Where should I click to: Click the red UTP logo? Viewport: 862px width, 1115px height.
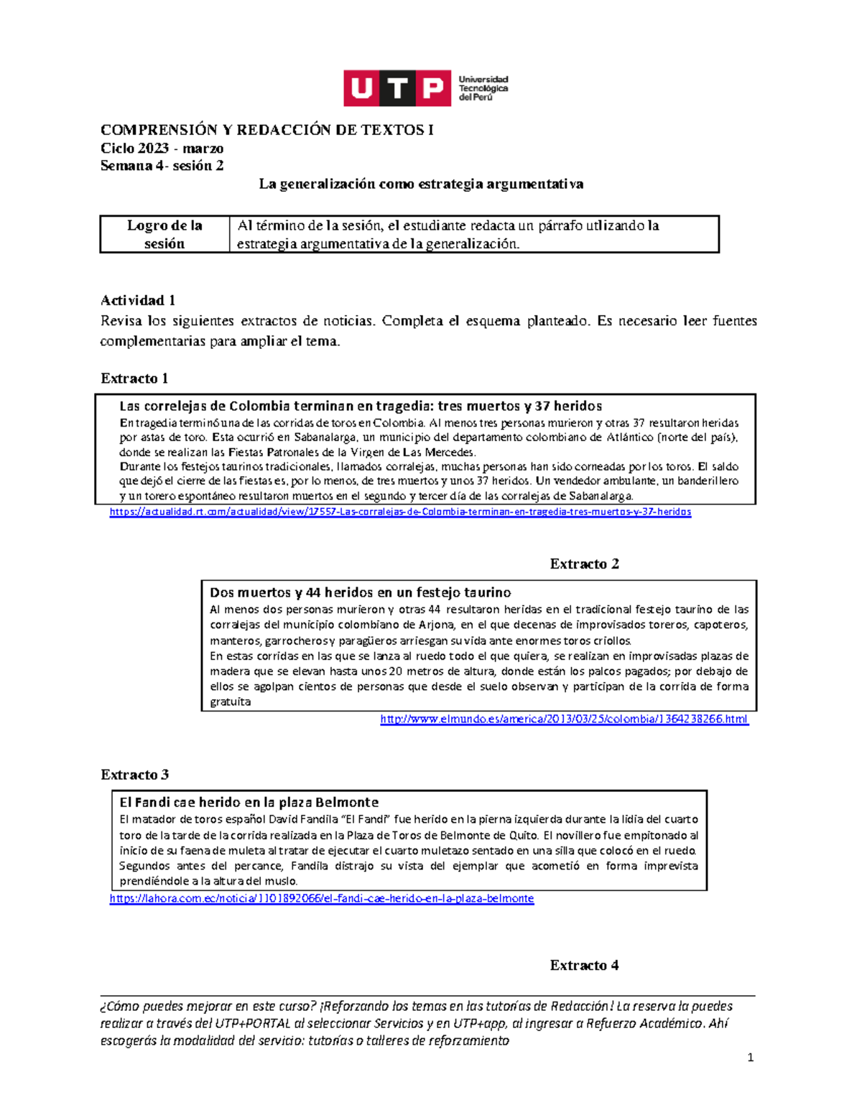(397, 88)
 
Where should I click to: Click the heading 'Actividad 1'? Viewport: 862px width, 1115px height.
(138, 300)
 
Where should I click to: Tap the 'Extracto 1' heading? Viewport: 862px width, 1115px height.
(134, 378)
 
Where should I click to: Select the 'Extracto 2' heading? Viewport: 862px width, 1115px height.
(584, 564)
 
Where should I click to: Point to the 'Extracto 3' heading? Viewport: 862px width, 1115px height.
(134, 775)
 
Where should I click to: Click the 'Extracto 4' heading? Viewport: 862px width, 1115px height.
(584, 965)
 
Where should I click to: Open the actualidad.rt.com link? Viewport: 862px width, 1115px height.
(400, 512)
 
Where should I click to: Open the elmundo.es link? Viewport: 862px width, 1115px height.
(564, 719)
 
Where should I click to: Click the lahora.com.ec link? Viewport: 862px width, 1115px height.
(322, 898)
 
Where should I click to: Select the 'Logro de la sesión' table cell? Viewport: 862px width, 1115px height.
(164, 234)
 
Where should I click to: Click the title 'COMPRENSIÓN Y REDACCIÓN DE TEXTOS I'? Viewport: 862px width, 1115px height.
(267, 130)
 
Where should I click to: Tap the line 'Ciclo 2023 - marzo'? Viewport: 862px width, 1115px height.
(162, 148)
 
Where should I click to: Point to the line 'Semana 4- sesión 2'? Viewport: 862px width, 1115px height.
(162, 166)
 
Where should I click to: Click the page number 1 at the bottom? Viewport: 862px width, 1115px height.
(750, 1058)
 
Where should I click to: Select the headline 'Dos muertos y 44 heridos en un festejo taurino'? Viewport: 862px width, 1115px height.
(360, 592)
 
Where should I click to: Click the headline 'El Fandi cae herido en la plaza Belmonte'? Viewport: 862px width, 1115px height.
(249, 802)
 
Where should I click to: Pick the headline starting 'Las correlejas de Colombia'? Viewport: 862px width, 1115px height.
(360, 406)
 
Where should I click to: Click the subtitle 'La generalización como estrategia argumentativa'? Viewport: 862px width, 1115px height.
(421, 184)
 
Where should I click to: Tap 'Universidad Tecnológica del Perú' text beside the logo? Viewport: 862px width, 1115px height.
(483, 88)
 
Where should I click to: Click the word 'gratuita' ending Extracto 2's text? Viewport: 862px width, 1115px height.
(230, 702)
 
